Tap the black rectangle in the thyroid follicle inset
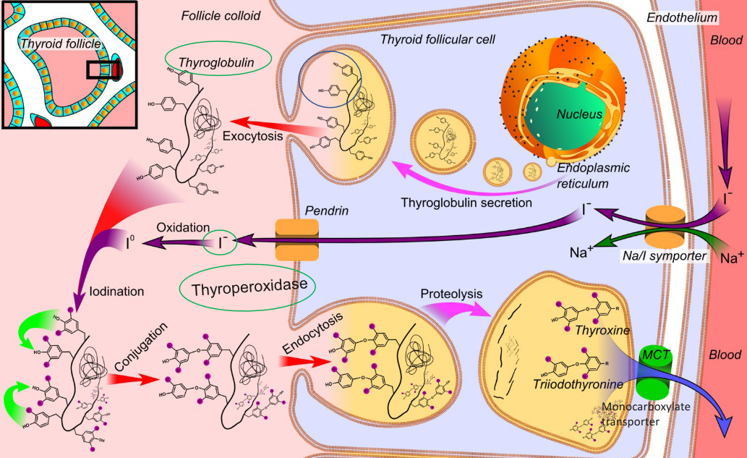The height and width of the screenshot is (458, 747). click(102, 70)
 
